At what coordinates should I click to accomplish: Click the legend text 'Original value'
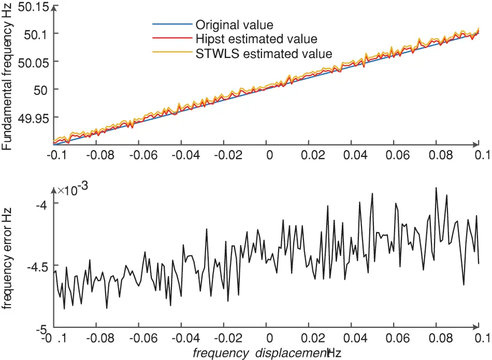coord(234,24)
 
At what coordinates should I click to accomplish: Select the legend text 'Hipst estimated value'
coord(256,38)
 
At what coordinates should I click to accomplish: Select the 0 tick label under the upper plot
coord(267,155)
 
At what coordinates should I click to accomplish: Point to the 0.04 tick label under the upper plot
coord(352,155)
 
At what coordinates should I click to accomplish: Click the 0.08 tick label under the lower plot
coord(437,339)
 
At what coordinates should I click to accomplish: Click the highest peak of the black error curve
coord(436,188)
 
